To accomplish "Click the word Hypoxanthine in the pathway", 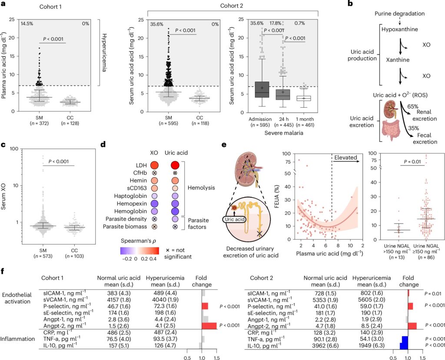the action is click(399, 30).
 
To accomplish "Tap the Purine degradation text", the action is click(400, 13).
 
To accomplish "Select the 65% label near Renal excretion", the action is click(413, 107).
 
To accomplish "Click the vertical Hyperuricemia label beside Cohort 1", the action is click(104, 53).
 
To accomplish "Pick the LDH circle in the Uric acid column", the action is click(175, 165).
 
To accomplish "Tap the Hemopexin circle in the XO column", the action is click(154, 204).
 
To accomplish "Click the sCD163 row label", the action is click(136, 188).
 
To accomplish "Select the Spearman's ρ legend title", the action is click(139, 241).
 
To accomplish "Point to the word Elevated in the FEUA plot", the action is click(345, 158).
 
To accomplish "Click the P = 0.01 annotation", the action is click(412, 162).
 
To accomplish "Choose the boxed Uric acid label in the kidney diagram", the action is click(235, 219).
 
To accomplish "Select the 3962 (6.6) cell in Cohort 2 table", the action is click(325, 346).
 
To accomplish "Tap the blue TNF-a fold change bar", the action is click(405, 339).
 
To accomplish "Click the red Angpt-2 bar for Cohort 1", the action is click(209, 326).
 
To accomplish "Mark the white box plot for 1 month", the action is click(303, 98).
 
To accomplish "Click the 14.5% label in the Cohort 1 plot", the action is click(27, 23).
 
